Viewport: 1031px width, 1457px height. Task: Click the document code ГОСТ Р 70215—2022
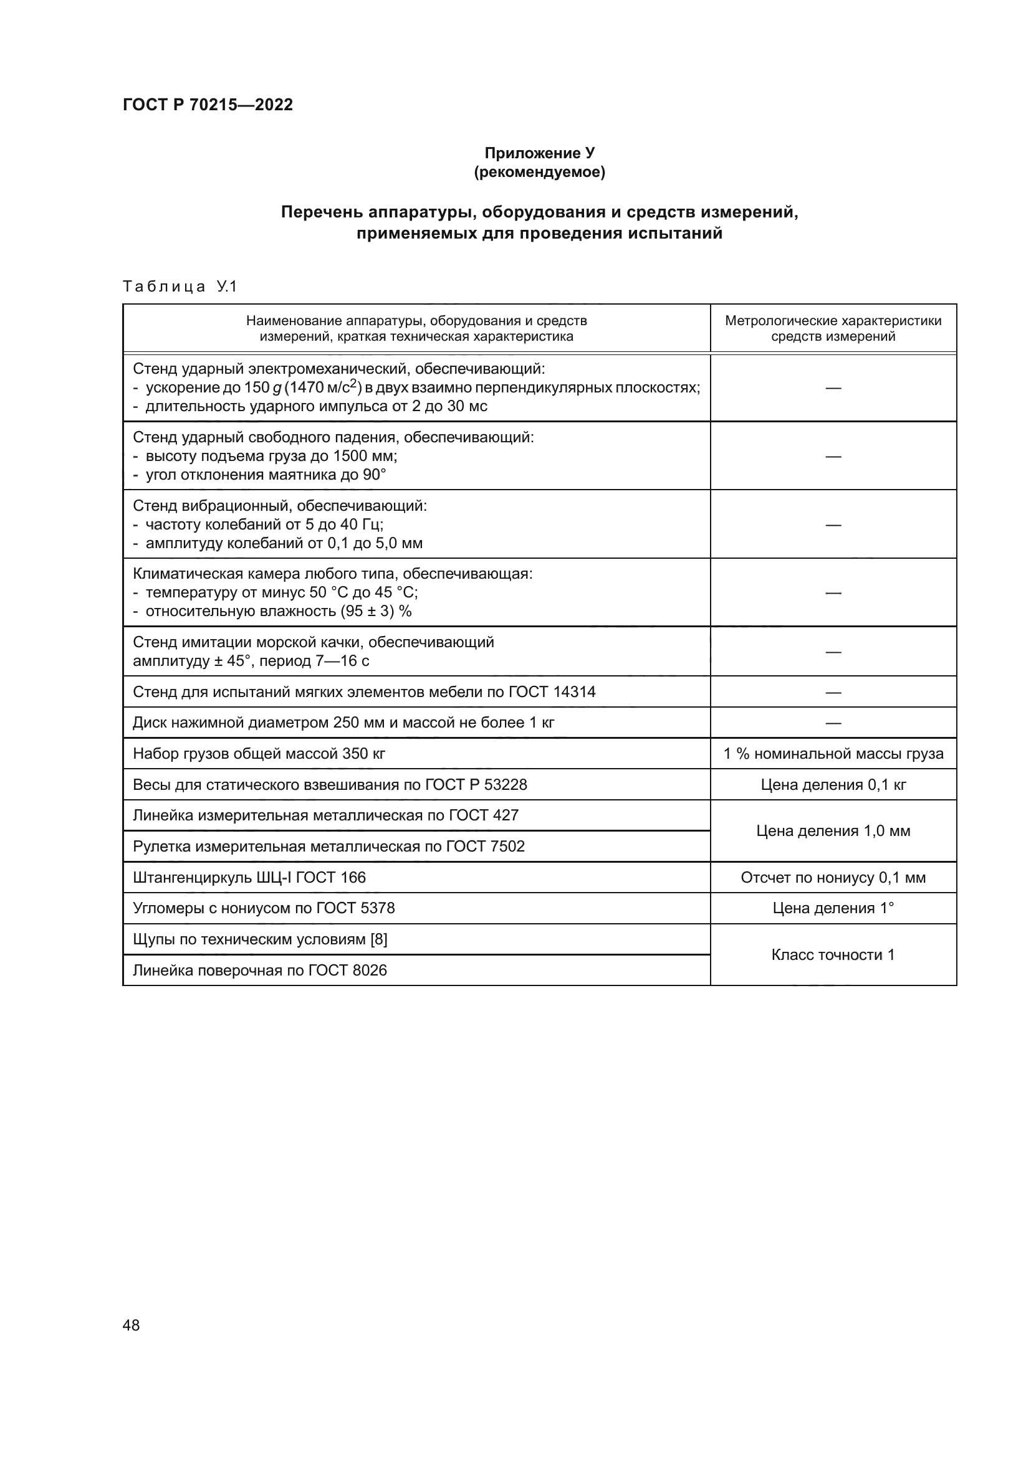coord(208,105)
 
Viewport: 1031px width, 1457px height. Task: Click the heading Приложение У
coord(539,153)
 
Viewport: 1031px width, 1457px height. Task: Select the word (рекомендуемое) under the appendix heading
coord(539,172)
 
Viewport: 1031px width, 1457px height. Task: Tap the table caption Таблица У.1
coord(180,287)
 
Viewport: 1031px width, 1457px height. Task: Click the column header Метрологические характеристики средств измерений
coord(832,328)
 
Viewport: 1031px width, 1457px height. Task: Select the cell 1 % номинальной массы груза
coord(832,754)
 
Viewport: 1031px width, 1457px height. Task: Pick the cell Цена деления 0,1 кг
coord(832,785)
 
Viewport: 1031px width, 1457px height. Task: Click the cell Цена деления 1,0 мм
coord(832,832)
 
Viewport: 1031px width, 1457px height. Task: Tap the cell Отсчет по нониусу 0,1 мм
coord(832,878)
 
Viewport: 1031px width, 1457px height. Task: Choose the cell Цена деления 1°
coord(832,908)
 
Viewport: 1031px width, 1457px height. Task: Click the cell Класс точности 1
coord(832,954)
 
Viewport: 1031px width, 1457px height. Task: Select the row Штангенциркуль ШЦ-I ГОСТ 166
coord(249,878)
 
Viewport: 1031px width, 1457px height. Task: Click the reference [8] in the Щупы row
coord(378,939)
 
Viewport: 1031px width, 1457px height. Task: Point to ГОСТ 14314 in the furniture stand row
coord(552,691)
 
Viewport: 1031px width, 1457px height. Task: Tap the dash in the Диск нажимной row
coord(832,723)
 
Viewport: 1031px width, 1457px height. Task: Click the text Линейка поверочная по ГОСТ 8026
coord(259,971)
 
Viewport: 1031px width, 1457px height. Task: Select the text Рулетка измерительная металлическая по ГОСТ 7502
coord(328,847)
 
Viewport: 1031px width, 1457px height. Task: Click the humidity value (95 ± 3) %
coord(376,611)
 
